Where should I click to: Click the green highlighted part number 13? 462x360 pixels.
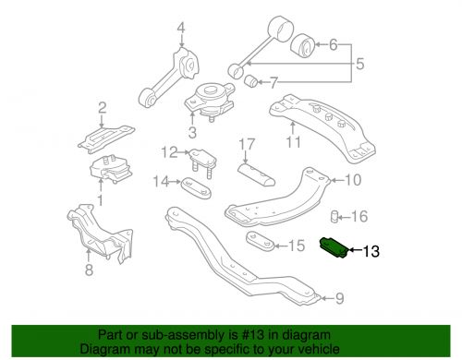coord(334,247)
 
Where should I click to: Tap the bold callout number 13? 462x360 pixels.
coord(371,251)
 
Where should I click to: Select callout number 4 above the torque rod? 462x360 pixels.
coord(181,29)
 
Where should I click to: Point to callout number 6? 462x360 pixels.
coord(334,44)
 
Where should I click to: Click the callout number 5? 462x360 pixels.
coord(359,64)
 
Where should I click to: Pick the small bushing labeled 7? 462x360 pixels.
coord(252,80)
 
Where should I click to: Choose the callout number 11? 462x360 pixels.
coord(293,142)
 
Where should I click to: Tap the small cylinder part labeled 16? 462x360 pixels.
coord(334,217)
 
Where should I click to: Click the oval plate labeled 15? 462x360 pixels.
coord(261,241)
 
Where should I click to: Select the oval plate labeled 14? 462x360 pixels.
coord(196,187)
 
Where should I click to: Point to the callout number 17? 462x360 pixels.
coord(247,144)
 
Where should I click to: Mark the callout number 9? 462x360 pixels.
coord(339,298)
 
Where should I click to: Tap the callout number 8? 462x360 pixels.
coord(89,270)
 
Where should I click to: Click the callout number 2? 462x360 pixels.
coord(102,107)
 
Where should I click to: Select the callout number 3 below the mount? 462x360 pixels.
coord(192,133)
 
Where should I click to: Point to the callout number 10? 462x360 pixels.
coord(353,180)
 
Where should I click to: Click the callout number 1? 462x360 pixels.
coord(101,200)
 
